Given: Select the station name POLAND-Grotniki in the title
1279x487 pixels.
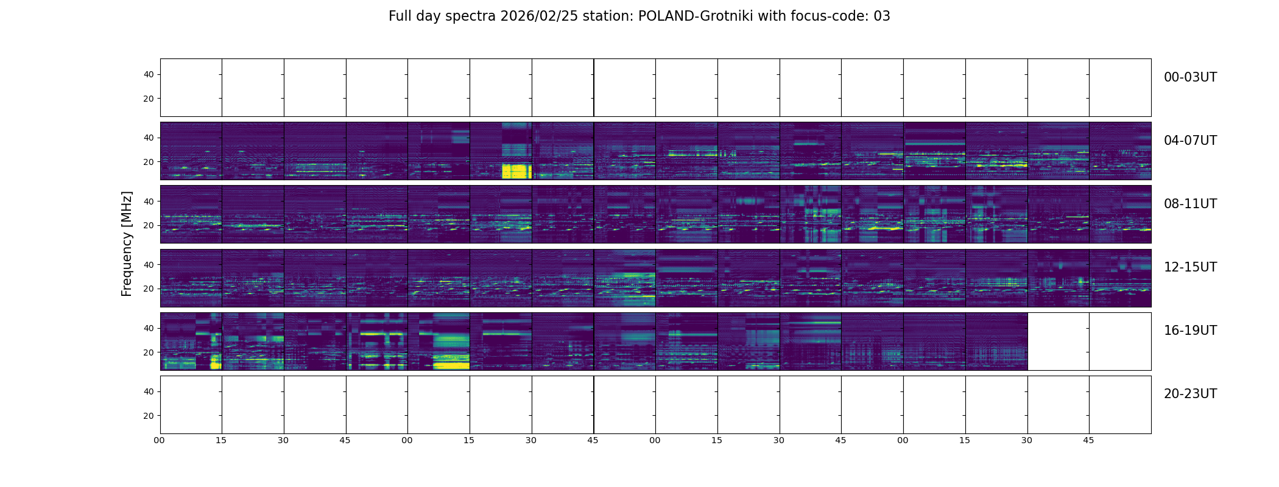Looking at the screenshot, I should pyautogui.click(x=691, y=16).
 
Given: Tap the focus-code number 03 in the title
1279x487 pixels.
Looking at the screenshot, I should pyautogui.click(x=881, y=16).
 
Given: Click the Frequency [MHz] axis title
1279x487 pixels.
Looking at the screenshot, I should pyautogui.click(x=127, y=243).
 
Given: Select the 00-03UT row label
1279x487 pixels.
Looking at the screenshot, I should pyautogui.click(x=1190, y=77).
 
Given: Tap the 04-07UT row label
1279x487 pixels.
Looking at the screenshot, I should pyautogui.click(x=1190, y=141).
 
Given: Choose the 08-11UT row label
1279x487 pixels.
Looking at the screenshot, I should pyautogui.click(x=1190, y=204).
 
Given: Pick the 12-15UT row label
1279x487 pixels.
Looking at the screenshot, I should pyautogui.click(x=1190, y=267).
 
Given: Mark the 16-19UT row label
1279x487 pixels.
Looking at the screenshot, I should pyautogui.click(x=1190, y=331).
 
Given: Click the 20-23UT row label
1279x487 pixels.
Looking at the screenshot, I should pyautogui.click(x=1190, y=394).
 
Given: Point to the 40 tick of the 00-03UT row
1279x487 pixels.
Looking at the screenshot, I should pyautogui.click(x=149, y=75).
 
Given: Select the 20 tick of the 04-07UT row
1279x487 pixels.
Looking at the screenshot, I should pyautogui.click(x=149, y=163).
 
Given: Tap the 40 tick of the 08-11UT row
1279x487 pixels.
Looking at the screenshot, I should pyautogui.click(x=149, y=201).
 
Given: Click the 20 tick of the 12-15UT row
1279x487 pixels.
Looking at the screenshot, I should pyautogui.click(x=149, y=289).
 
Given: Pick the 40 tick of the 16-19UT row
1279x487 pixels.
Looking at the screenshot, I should pyautogui.click(x=149, y=329).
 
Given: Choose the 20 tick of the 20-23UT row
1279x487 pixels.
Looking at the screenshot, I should pyautogui.click(x=149, y=416).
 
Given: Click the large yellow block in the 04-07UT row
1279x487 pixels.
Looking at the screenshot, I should pyautogui.click(x=516, y=171).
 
